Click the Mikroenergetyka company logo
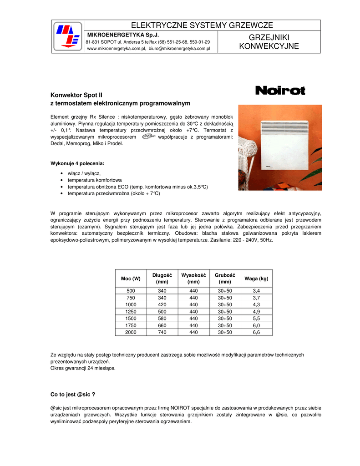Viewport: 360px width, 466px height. click(67, 36)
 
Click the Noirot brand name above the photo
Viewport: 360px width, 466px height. click(280, 91)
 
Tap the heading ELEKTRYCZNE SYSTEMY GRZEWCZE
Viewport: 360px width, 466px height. click(202, 25)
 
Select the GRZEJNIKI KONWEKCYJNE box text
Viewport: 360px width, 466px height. click(269, 42)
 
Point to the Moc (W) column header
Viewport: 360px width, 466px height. click(131, 279)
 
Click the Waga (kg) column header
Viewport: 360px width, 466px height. click(256, 279)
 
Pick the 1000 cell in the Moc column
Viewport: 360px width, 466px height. click(131, 304)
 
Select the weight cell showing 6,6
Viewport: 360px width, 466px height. click(256, 332)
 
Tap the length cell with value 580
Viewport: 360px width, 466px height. click(162, 319)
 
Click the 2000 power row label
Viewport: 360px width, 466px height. click(131, 332)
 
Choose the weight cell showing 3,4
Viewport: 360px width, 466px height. click(256, 291)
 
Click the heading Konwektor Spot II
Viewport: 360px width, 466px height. click(76, 95)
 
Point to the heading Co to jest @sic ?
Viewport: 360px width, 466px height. click(72, 394)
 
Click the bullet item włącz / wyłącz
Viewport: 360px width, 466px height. click(84, 173)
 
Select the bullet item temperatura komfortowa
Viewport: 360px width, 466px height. click(95, 180)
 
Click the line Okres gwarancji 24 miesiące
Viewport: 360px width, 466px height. click(83, 368)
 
